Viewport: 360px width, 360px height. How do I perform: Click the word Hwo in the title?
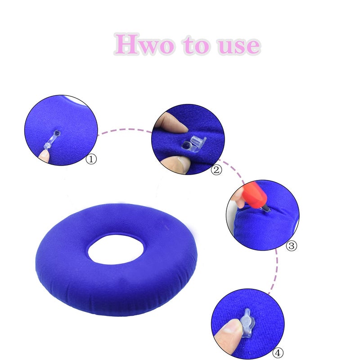pos(144,44)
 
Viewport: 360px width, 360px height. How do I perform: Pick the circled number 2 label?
pos(216,170)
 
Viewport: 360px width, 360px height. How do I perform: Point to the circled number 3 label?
pos(292,246)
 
